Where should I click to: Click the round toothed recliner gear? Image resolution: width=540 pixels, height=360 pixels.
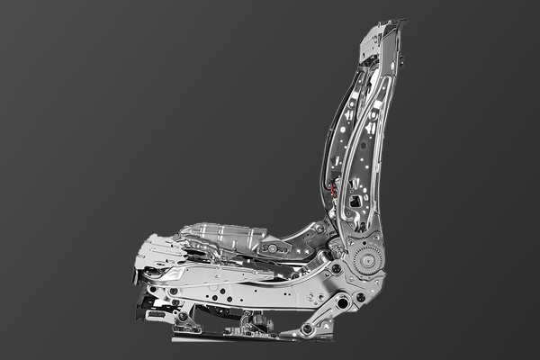(x=366, y=259)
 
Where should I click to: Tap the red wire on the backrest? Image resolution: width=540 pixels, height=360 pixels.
(x=333, y=190)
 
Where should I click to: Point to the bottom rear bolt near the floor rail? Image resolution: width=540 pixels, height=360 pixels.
(x=307, y=329)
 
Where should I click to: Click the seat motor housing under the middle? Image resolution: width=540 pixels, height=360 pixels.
(x=255, y=320)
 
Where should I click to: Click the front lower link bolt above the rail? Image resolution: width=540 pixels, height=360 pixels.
(x=183, y=316)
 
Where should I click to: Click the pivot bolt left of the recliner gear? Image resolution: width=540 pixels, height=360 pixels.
(x=336, y=268)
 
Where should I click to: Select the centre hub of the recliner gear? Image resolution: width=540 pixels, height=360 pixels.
(x=366, y=259)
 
